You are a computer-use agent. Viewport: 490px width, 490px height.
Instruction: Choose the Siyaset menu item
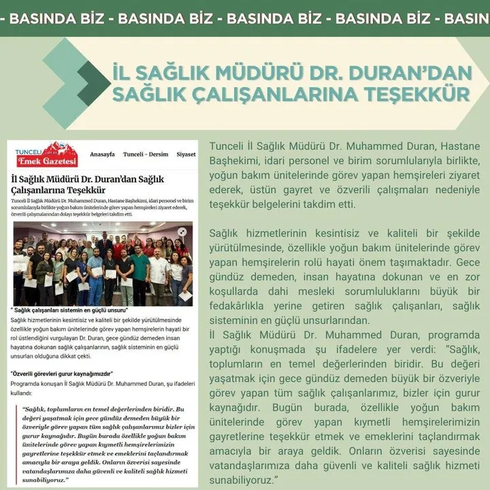pyautogui.click(x=186, y=154)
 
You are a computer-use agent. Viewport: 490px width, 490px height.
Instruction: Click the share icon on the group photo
pyautogui.click(x=182, y=231)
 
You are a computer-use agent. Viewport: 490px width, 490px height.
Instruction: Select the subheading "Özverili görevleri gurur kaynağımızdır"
pyautogui.click(x=62, y=374)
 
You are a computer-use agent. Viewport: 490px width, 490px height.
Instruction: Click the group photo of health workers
pyautogui.click(x=103, y=262)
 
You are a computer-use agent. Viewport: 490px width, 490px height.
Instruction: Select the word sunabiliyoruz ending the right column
pyautogui.click(x=243, y=480)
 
